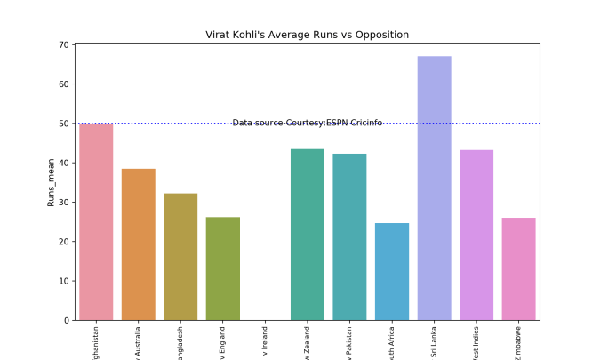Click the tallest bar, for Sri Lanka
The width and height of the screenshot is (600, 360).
coord(434,188)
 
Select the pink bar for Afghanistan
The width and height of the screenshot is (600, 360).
coord(96,222)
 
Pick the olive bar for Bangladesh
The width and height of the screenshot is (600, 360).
coord(180,257)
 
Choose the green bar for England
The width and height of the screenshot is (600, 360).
coord(223,268)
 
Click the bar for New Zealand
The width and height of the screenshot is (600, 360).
coord(308,235)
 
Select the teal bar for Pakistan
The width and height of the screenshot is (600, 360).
coord(349,237)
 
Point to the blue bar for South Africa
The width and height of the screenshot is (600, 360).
coord(392,272)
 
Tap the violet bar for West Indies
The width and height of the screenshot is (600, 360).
coord(476,236)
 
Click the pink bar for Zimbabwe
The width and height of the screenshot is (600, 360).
coord(518,269)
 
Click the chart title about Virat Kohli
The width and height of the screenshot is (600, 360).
coord(307,35)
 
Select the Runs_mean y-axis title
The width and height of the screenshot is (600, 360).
coord(52,182)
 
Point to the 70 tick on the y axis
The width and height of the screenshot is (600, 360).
coord(65,44)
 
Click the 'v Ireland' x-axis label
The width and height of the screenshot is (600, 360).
coord(265,339)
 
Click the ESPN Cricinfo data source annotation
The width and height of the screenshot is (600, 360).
coord(308,123)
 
